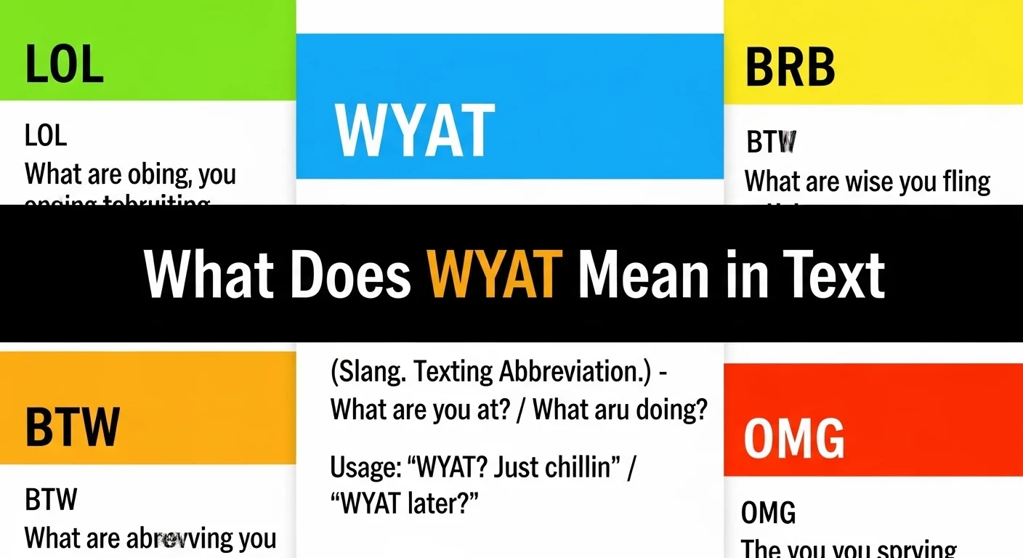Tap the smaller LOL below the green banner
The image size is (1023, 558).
pos(46,136)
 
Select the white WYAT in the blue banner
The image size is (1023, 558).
pos(414,132)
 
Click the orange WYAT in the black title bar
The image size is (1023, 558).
pos(495,275)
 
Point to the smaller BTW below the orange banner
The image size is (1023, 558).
pos(51,500)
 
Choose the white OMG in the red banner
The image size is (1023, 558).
pos(793,438)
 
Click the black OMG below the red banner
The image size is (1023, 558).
pos(768,513)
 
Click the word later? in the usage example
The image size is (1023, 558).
pos(442,503)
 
